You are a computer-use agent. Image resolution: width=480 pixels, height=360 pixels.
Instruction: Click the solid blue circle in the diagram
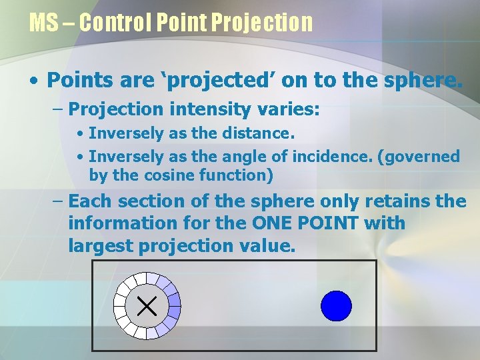336,306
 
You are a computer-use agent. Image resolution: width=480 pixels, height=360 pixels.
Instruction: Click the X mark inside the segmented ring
147,306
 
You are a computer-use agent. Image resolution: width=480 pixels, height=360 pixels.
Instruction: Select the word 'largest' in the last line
101,245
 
